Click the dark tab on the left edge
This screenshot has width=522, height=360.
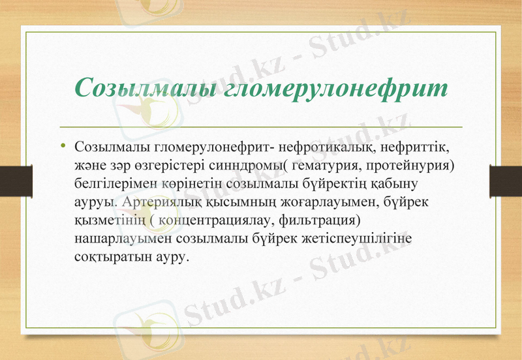point(16,181)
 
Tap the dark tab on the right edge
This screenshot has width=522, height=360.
point(506,181)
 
